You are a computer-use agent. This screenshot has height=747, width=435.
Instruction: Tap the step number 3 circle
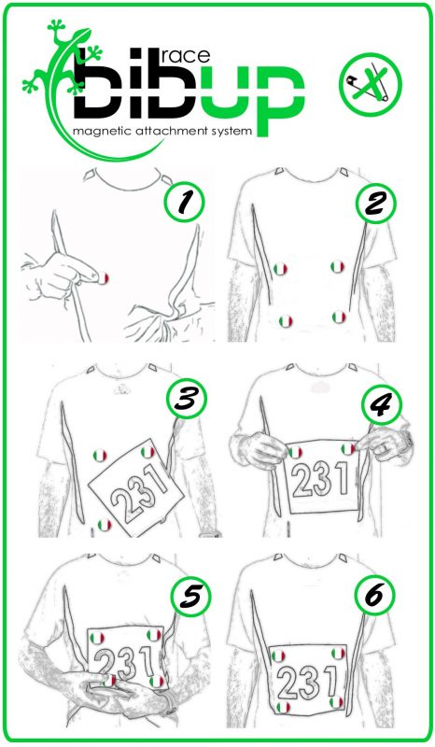[x=187, y=399]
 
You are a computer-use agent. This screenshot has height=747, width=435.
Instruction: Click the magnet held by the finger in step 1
[x=103, y=278]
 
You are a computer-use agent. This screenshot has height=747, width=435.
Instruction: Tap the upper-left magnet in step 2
[x=280, y=269]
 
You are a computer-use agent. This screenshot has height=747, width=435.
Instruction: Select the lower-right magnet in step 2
[x=339, y=317]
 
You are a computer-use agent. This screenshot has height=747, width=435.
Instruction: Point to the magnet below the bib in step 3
[x=105, y=525]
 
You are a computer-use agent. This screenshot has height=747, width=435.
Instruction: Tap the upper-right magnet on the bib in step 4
[x=348, y=449]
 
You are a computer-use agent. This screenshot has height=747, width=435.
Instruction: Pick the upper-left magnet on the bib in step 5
[x=97, y=638]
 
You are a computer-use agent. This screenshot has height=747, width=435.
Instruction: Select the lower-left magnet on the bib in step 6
[x=283, y=707]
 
